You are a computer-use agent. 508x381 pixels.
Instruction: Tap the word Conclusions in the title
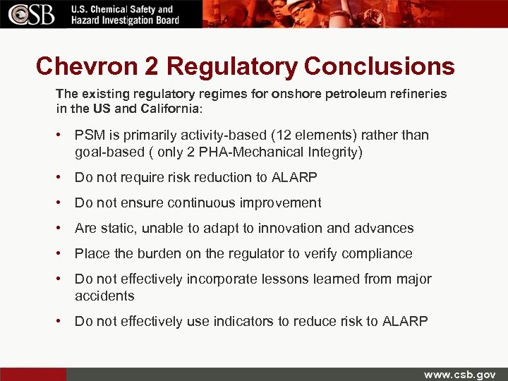[x=380, y=66]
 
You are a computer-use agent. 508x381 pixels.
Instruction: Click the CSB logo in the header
[x=32, y=14]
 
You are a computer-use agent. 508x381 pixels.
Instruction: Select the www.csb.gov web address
[x=459, y=374]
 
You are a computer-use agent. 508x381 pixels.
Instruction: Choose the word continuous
[x=201, y=202]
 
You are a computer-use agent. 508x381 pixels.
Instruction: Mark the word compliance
[x=378, y=253]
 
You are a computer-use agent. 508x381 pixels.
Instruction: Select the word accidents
[x=104, y=296]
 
